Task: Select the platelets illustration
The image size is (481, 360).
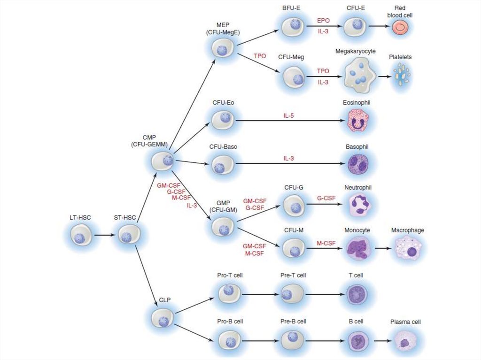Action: (401, 75)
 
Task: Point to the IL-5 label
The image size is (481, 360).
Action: (288, 114)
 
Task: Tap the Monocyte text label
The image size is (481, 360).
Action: (357, 230)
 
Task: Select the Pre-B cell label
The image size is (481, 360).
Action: (294, 322)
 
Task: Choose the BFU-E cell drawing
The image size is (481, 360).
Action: (292, 26)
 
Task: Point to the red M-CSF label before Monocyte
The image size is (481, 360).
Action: (326, 243)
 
